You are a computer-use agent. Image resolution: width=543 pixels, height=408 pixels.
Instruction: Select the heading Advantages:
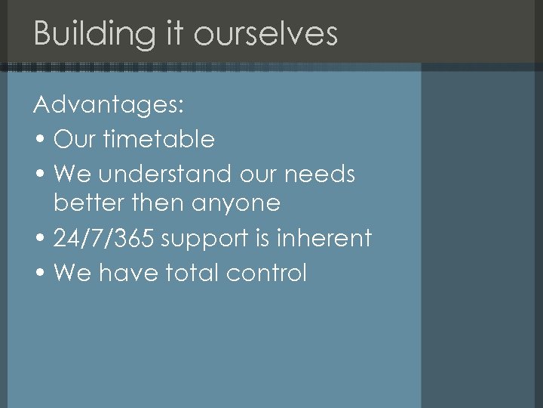click(109, 105)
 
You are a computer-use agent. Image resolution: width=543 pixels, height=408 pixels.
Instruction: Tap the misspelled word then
click(149, 202)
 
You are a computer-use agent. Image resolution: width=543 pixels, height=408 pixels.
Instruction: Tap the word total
click(195, 272)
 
